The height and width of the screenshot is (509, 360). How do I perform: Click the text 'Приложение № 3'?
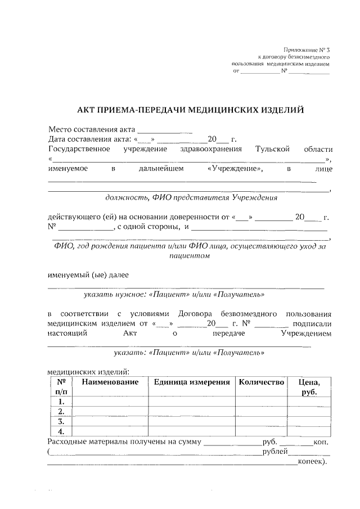tap(307, 51)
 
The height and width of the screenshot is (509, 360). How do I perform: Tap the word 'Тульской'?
tap(272, 149)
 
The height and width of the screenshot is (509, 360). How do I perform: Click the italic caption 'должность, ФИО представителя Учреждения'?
tap(191, 198)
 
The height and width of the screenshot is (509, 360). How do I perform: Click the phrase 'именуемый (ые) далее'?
tap(88, 275)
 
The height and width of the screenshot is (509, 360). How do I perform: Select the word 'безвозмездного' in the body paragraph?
tap(249, 313)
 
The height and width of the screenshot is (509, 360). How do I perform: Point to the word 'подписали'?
tap(312, 323)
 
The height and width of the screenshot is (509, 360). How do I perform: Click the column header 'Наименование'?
tap(110, 382)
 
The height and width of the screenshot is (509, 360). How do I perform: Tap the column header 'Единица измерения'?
tap(192, 382)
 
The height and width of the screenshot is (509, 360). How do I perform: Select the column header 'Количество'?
tap(262, 382)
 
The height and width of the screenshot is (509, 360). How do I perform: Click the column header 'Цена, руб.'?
tap(309, 387)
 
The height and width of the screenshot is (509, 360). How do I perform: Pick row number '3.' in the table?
tap(61, 421)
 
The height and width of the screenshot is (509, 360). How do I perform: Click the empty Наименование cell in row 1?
tap(110, 402)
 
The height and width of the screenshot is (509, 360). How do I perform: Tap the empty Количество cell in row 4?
tap(262, 431)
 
